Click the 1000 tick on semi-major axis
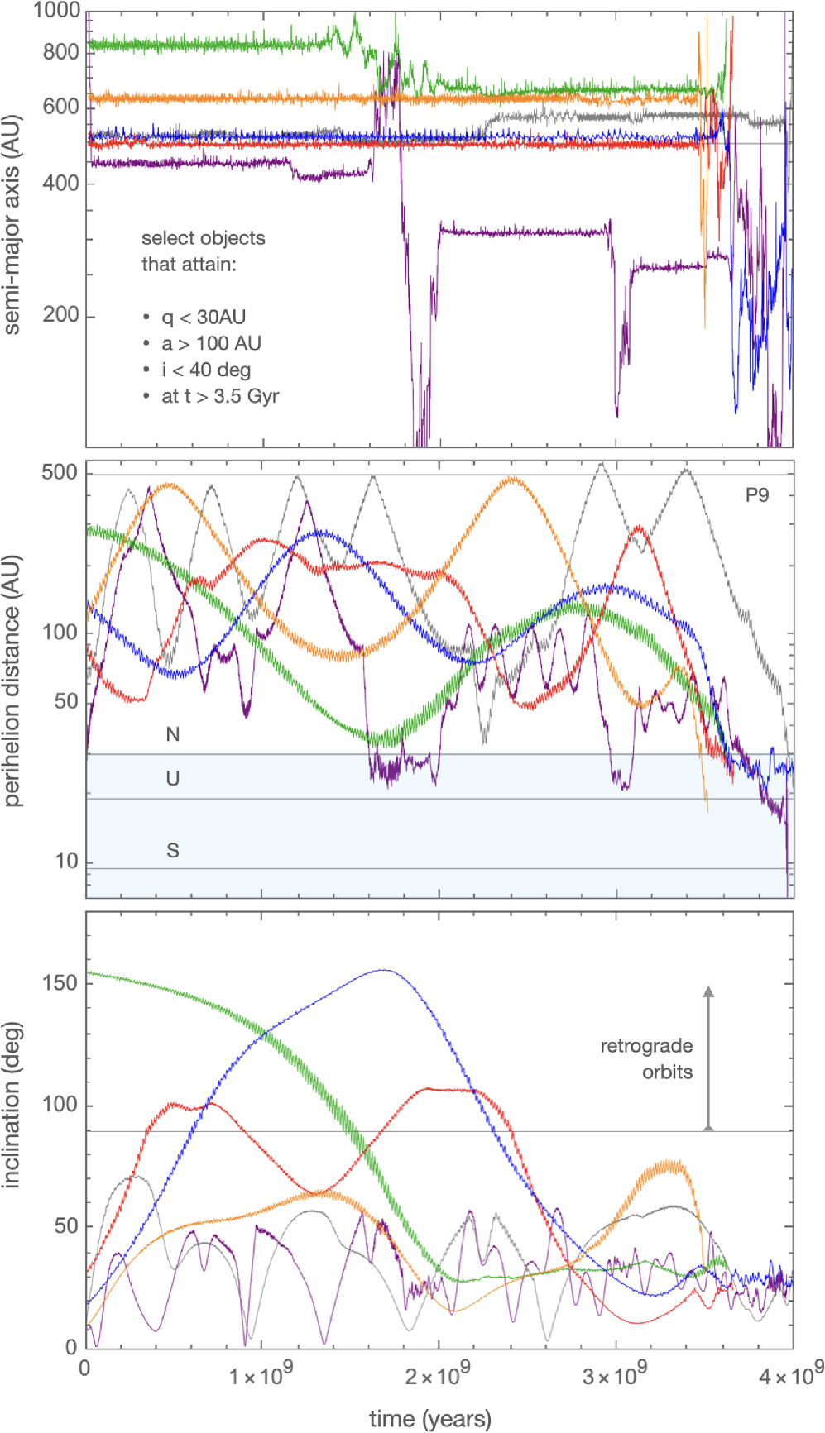coord(56,11)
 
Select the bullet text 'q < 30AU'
coord(204,317)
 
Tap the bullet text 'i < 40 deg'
coord(206,370)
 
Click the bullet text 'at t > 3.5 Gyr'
coord(220,396)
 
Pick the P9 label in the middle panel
coord(756,495)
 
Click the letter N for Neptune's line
coord(173,734)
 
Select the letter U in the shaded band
coord(173,778)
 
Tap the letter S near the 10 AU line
coord(173,850)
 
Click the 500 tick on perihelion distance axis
coord(60,472)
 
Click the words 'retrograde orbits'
coord(647,1059)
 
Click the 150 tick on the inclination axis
coord(60,983)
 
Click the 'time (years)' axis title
coord(429,1419)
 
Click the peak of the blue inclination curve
coord(382,971)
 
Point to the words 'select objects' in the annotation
coord(203,238)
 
